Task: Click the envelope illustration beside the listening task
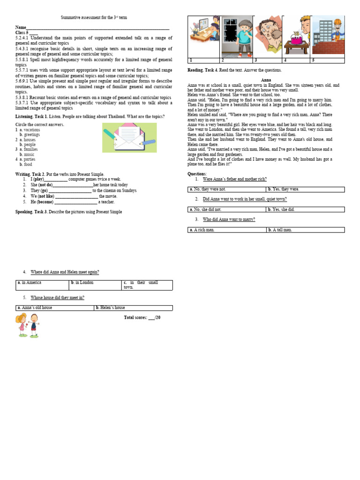(x=129, y=137)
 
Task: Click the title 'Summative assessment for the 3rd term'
(x=94, y=17)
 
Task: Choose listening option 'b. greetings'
(x=29, y=135)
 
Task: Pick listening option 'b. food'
(x=26, y=165)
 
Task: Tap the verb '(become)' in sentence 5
(x=45, y=202)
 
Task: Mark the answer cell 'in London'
(x=83, y=283)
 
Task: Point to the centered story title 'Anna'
(x=266, y=80)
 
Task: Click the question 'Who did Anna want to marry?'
(x=229, y=219)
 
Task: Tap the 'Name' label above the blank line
(x=21, y=28)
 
